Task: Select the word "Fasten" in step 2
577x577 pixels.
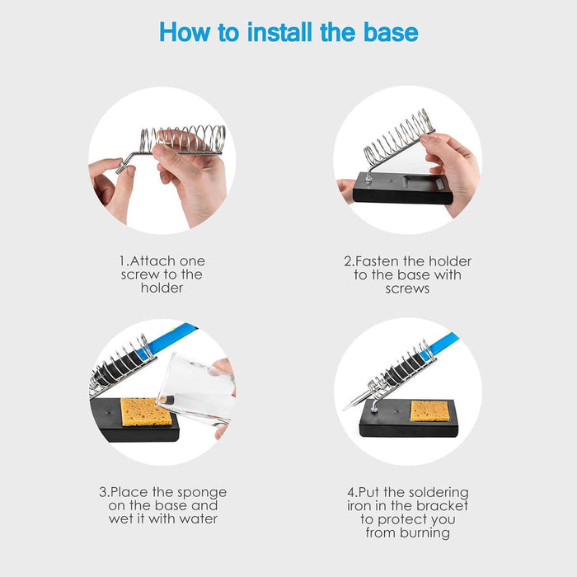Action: click(x=382, y=260)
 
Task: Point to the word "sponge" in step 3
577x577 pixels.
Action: click(x=200, y=492)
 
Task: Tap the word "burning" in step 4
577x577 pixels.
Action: click(x=418, y=532)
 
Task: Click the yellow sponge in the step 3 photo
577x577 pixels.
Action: click(x=147, y=411)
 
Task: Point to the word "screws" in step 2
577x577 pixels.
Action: click(x=407, y=288)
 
